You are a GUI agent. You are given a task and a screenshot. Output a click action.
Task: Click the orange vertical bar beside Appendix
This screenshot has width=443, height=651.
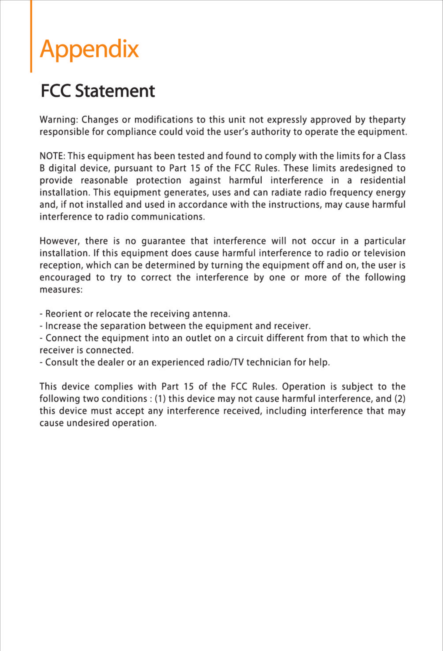click(31, 36)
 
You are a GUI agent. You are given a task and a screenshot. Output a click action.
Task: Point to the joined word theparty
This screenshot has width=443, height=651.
click(387, 120)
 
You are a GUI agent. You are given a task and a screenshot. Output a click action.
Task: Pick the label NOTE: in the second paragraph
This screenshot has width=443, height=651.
click(53, 156)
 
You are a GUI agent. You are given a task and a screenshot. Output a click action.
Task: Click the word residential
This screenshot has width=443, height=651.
click(383, 180)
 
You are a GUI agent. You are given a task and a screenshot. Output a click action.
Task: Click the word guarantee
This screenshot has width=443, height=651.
click(163, 241)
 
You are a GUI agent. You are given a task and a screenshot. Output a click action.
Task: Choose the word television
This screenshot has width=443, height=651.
click(385, 253)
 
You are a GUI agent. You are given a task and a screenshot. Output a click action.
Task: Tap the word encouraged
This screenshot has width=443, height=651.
click(65, 278)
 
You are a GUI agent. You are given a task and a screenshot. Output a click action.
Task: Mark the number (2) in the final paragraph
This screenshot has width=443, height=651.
click(400, 399)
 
